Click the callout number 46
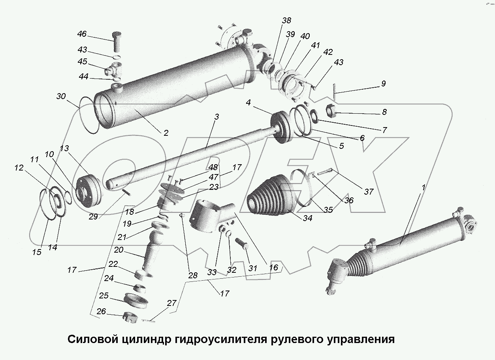point(82,34)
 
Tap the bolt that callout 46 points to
point(118,41)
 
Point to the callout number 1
point(423,188)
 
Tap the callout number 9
point(383,84)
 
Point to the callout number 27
point(171,303)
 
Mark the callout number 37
point(369,192)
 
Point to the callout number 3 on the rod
point(216,117)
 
